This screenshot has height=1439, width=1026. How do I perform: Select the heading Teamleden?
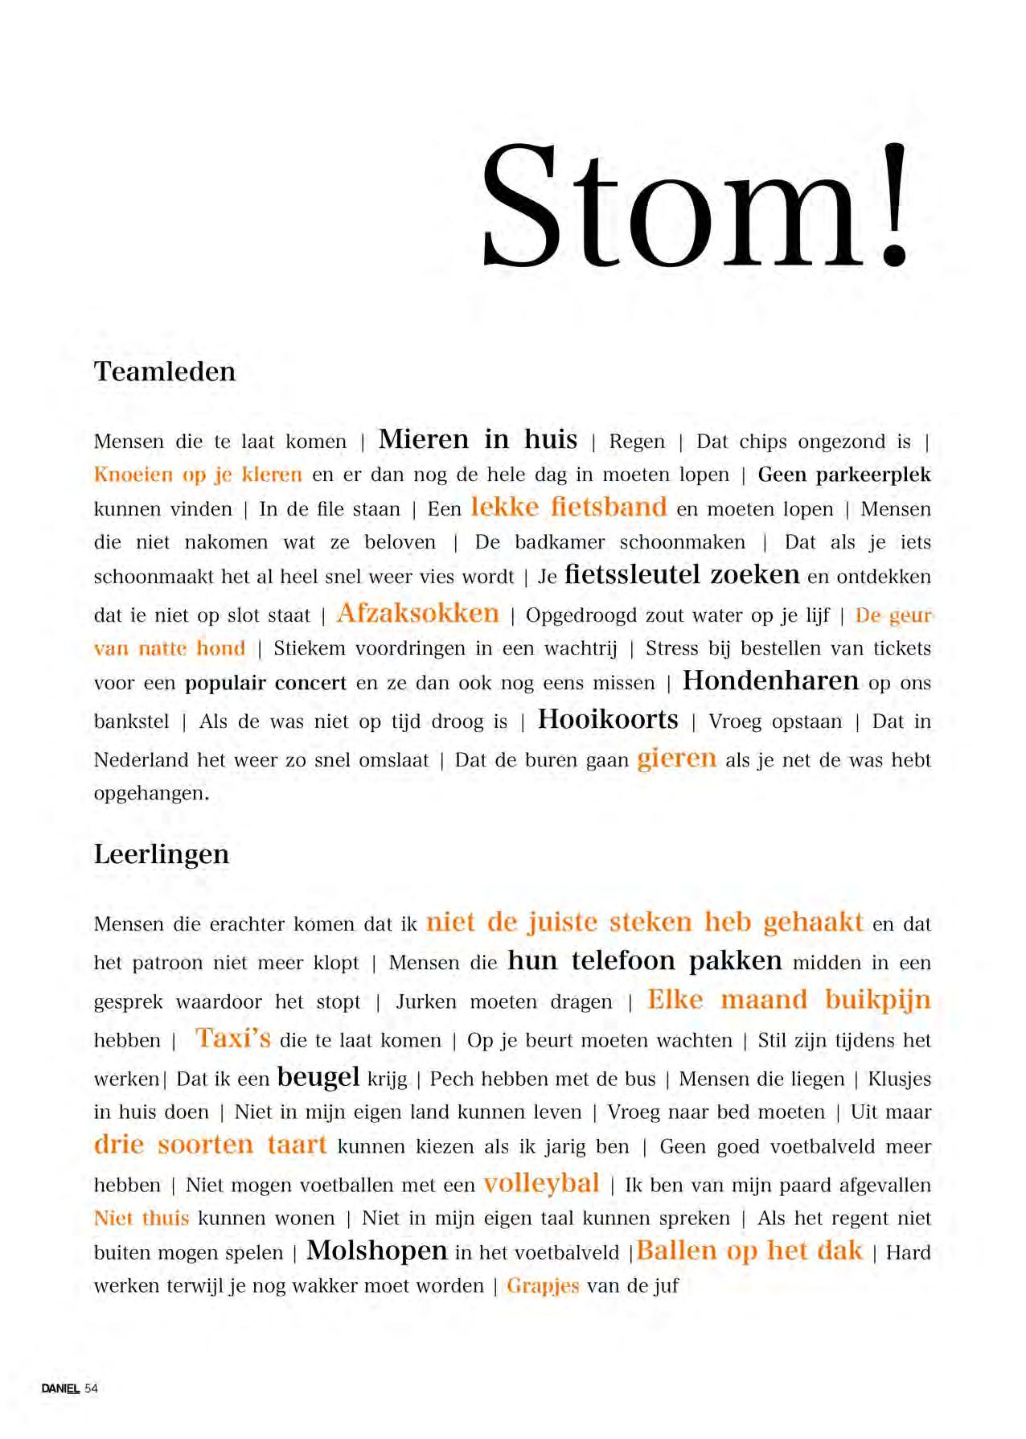click(x=165, y=372)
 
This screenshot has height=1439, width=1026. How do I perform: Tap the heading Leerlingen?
click(x=162, y=854)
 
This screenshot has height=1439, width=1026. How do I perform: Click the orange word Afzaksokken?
click(x=417, y=614)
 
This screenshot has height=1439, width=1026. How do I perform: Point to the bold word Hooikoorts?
click(x=608, y=719)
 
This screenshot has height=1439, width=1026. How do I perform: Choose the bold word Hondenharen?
click(x=770, y=681)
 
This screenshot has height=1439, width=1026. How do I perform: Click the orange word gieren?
click(x=676, y=759)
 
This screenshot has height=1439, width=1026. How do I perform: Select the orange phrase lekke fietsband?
click(x=568, y=508)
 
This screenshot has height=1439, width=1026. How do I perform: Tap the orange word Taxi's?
click(x=232, y=1038)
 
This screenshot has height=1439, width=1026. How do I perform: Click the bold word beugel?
click(x=318, y=1077)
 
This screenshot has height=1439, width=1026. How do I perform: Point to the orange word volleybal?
click(x=541, y=1183)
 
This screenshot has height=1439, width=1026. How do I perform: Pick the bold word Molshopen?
click(x=377, y=1251)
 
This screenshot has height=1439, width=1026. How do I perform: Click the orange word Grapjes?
click(x=543, y=1286)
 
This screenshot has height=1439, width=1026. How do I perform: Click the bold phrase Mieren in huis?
click(x=478, y=440)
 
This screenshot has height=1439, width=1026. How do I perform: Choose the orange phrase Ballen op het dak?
click(x=749, y=1251)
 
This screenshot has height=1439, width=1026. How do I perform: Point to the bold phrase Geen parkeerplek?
click(x=844, y=475)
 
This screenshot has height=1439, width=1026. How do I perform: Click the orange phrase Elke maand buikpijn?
click(x=789, y=1000)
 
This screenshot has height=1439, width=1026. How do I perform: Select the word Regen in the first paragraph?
click(x=637, y=442)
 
